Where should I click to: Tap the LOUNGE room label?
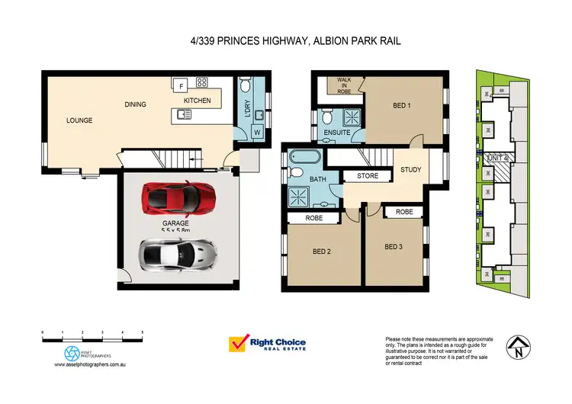tap(79, 120)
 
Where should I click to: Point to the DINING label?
tap(135, 104)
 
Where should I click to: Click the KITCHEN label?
tap(197, 101)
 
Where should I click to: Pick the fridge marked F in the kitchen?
tap(181, 85)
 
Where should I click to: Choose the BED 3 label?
tap(394, 246)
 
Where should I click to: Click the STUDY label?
tap(410, 169)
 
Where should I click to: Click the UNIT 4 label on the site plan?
tap(496, 158)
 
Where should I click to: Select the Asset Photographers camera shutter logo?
tap(71, 354)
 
